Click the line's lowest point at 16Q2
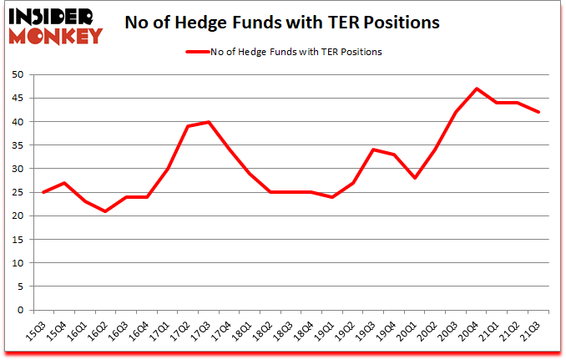(105, 211)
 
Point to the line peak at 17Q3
(210, 122)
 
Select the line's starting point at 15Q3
(43, 192)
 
